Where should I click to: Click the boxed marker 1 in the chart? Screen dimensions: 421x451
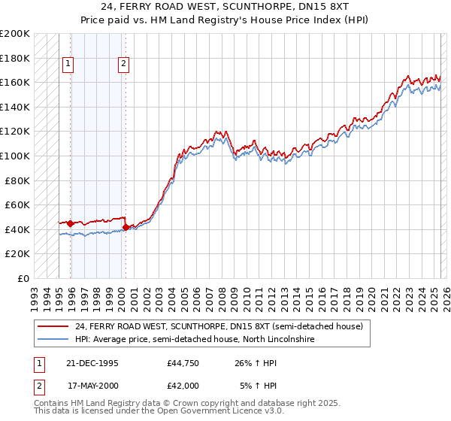tap(68, 65)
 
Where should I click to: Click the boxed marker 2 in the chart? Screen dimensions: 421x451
tap(123, 65)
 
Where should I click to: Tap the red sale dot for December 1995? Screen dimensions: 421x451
tap(71, 223)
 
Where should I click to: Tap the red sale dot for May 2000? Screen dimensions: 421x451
tap(126, 227)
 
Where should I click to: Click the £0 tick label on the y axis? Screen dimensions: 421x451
tap(23, 278)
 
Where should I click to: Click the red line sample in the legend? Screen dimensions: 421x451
tap(53, 327)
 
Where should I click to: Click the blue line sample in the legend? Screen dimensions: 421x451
tap(53, 340)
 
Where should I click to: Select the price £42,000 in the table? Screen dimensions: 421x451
tap(183, 386)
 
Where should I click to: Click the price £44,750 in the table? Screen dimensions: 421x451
tap(183, 363)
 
